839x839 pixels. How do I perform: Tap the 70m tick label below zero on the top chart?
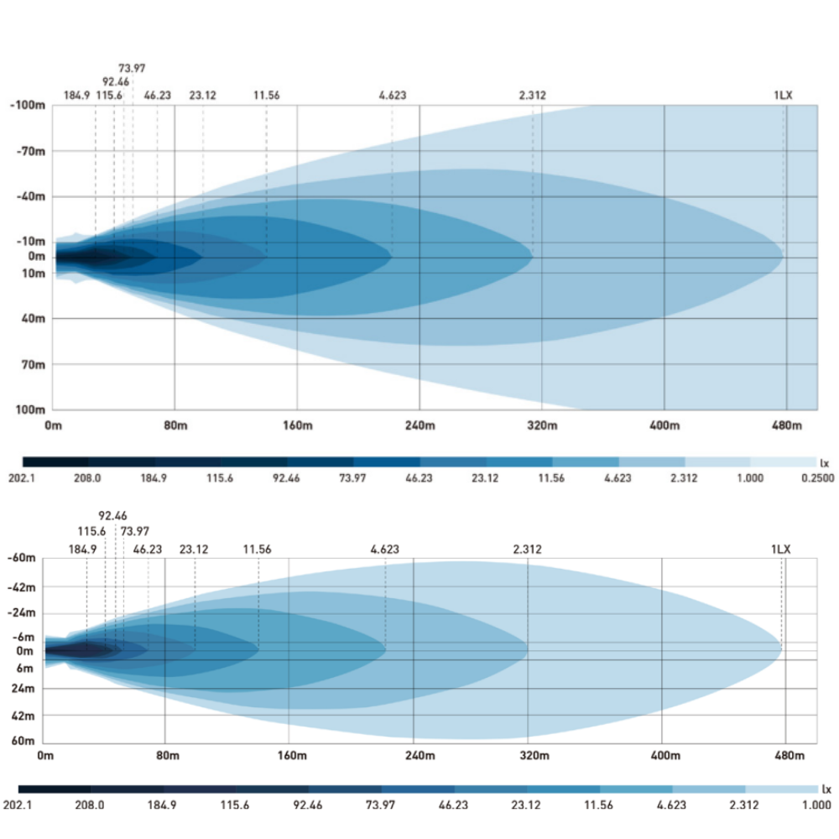[33, 364]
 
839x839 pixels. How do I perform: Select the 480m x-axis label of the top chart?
[786, 425]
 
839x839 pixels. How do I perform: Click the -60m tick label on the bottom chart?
[21, 558]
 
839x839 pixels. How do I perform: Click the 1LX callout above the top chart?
[783, 95]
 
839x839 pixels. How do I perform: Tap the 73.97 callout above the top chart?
[132, 68]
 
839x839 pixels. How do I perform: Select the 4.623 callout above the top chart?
[392, 95]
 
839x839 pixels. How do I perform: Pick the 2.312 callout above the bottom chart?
[527, 550]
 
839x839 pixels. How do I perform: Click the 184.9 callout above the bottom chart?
[82, 550]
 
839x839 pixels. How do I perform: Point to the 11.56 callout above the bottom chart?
[258, 550]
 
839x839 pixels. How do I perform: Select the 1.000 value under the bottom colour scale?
[817, 805]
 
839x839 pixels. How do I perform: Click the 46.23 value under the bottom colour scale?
[453, 805]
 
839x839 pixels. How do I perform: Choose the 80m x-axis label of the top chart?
[175, 425]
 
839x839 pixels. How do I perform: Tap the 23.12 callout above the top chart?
[202, 95]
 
